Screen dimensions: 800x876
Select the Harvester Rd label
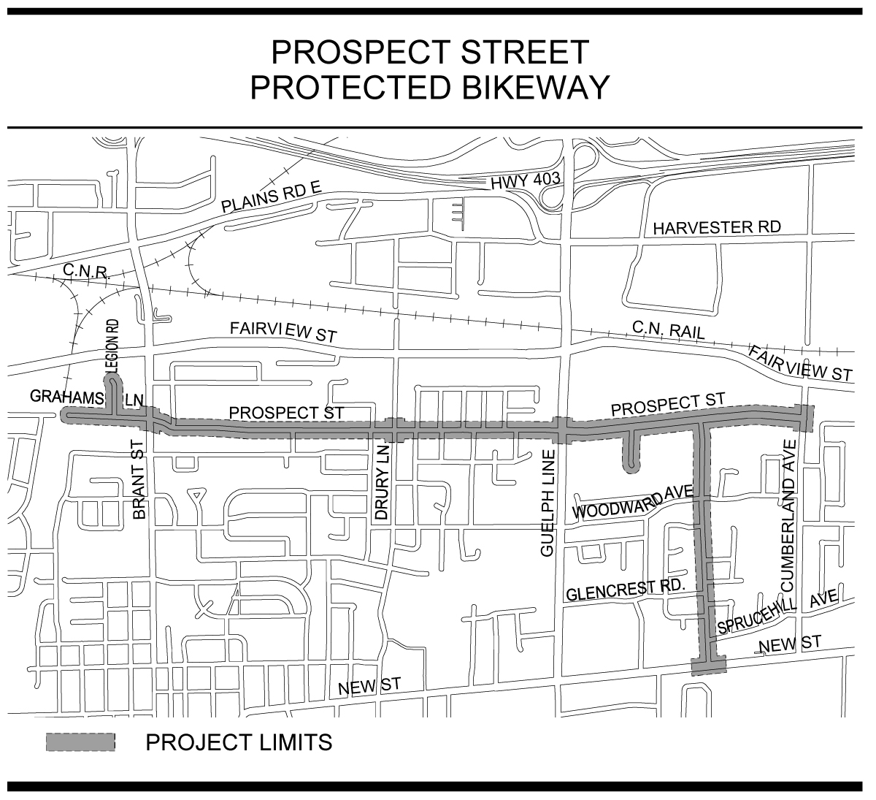[x=717, y=227]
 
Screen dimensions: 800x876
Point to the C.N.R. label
[x=85, y=272]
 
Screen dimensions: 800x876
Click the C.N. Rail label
[x=669, y=330]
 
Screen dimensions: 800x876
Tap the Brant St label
[x=140, y=479]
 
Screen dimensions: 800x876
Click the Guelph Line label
[x=548, y=504]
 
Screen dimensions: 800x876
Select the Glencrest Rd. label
[x=625, y=589]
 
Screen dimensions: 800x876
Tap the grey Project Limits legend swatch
[x=80, y=742]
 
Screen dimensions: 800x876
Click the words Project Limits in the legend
[x=239, y=742]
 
